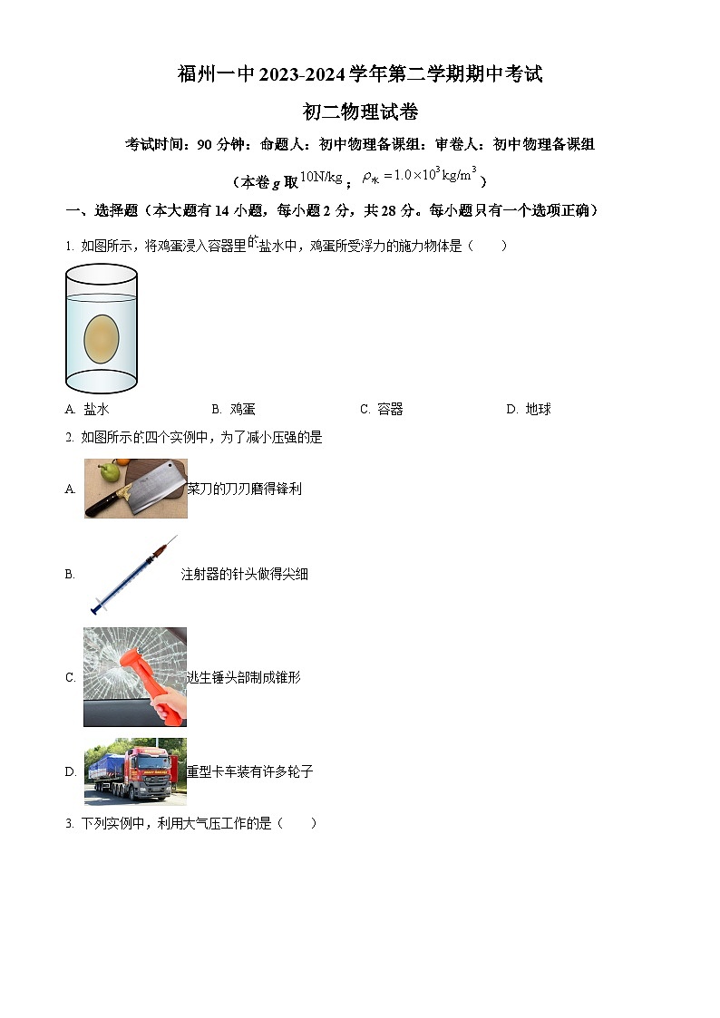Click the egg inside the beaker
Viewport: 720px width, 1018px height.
pos(102,337)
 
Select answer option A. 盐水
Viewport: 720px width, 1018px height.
pos(88,410)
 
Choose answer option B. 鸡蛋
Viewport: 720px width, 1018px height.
pos(234,410)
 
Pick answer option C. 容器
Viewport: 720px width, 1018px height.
pos(382,410)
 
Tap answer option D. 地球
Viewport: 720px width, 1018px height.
pos(529,410)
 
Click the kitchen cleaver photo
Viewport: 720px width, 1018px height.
pos(136,489)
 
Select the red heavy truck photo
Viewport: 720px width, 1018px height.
pos(135,771)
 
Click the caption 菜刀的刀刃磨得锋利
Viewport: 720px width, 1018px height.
pos(244,490)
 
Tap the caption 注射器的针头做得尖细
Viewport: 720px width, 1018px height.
pos(245,574)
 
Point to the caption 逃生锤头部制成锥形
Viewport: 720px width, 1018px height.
pos(243,677)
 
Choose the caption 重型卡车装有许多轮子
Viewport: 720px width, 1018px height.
pos(250,771)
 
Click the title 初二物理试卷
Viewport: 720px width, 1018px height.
pos(360,112)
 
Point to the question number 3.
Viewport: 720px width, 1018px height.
pos(69,824)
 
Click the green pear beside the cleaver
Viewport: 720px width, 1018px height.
pos(108,471)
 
